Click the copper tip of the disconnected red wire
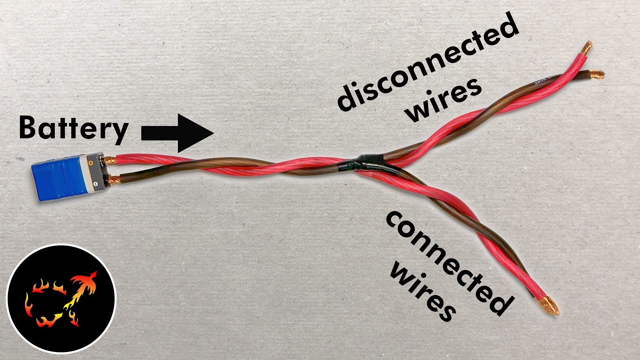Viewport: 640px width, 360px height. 585,47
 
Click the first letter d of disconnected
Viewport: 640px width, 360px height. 345,101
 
